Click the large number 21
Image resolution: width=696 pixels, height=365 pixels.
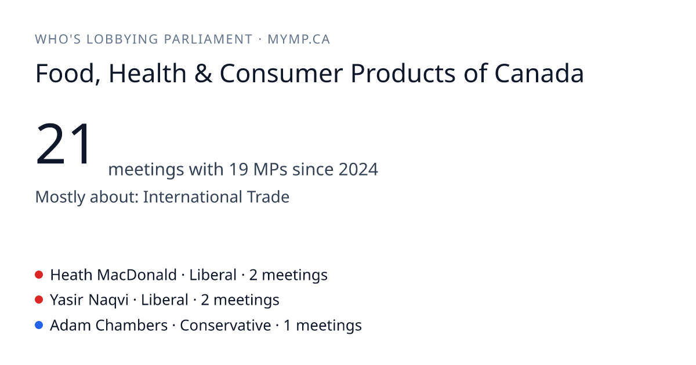click(x=63, y=144)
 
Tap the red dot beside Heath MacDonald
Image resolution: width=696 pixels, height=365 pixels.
click(x=39, y=275)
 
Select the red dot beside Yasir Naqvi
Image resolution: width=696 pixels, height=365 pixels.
click(x=39, y=300)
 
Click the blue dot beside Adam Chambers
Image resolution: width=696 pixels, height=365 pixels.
click(x=39, y=325)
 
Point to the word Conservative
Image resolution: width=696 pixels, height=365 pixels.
click(x=225, y=325)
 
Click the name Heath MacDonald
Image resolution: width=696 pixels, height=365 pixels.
click(x=114, y=275)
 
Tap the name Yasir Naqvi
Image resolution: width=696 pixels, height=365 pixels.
click(x=89, y=300)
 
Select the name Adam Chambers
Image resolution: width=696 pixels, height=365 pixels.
click(x=109, y=325)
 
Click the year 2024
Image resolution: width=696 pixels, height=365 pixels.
click(x=358, y=169)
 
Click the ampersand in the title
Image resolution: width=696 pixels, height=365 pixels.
click(x=203, y=74)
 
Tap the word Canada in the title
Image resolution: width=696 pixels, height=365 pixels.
click(x=539, y=74)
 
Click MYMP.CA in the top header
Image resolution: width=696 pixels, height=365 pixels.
click(x=299, y=39)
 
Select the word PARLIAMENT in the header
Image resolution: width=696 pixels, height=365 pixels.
click(x=208, y=39)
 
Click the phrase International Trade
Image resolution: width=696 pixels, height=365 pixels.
click(x=216, y=197)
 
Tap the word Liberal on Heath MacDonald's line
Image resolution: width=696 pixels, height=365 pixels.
click(x=213, y=275)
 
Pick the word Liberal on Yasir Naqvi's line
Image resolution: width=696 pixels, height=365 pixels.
click(x=165, y=300)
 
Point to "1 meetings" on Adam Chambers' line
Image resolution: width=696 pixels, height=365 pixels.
click(x=322, y=325)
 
